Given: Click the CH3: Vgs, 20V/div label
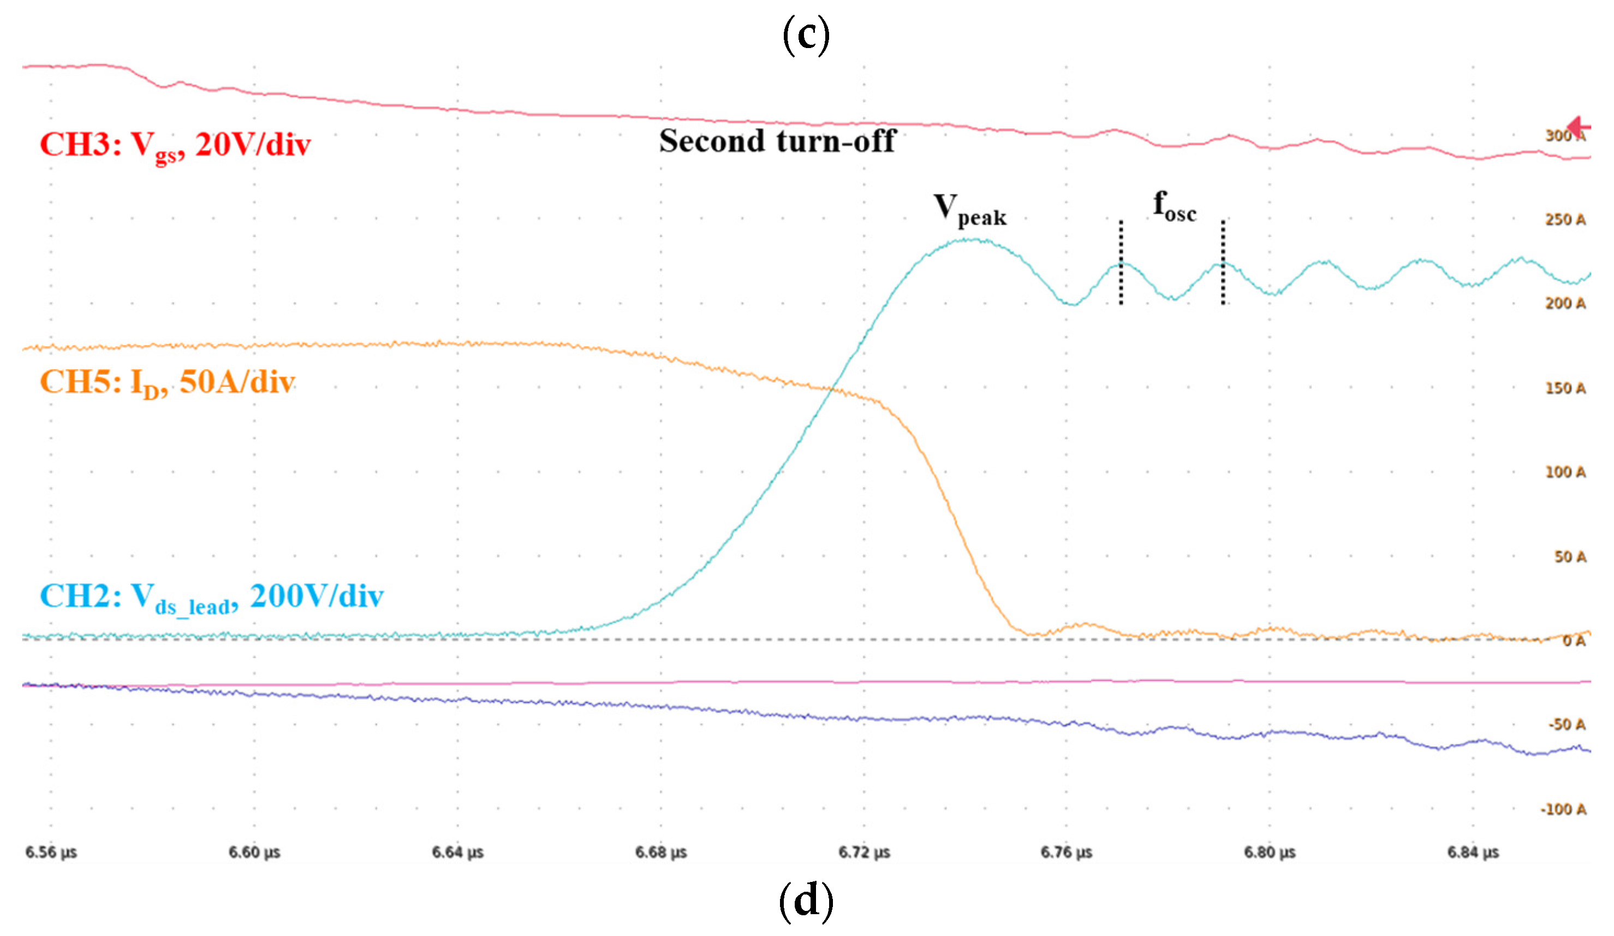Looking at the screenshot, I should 175,145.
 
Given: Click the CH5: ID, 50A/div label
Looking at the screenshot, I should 167,382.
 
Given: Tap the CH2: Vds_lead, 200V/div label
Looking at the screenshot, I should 211,597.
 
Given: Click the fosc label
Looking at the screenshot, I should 1174,206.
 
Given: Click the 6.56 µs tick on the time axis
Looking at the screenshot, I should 51,852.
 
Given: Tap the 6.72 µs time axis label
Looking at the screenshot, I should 864,852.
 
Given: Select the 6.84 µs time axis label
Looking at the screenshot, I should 1473,852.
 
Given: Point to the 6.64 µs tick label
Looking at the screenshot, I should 457,852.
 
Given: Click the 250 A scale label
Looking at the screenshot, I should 1565,220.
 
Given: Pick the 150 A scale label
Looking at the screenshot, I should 1565,388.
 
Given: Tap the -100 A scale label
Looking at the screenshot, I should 1563,810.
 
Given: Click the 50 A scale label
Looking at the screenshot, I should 1570,556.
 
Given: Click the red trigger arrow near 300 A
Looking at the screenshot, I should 1579,126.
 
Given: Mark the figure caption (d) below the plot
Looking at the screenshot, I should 806,900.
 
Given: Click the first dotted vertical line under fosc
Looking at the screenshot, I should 1121,263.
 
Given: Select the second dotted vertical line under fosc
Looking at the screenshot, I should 1223,263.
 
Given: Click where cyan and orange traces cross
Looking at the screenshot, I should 831,388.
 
